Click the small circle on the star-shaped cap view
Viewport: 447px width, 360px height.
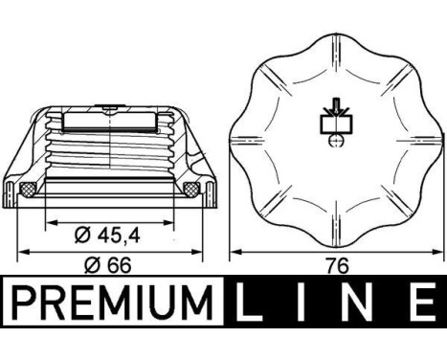coord(334,142)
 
